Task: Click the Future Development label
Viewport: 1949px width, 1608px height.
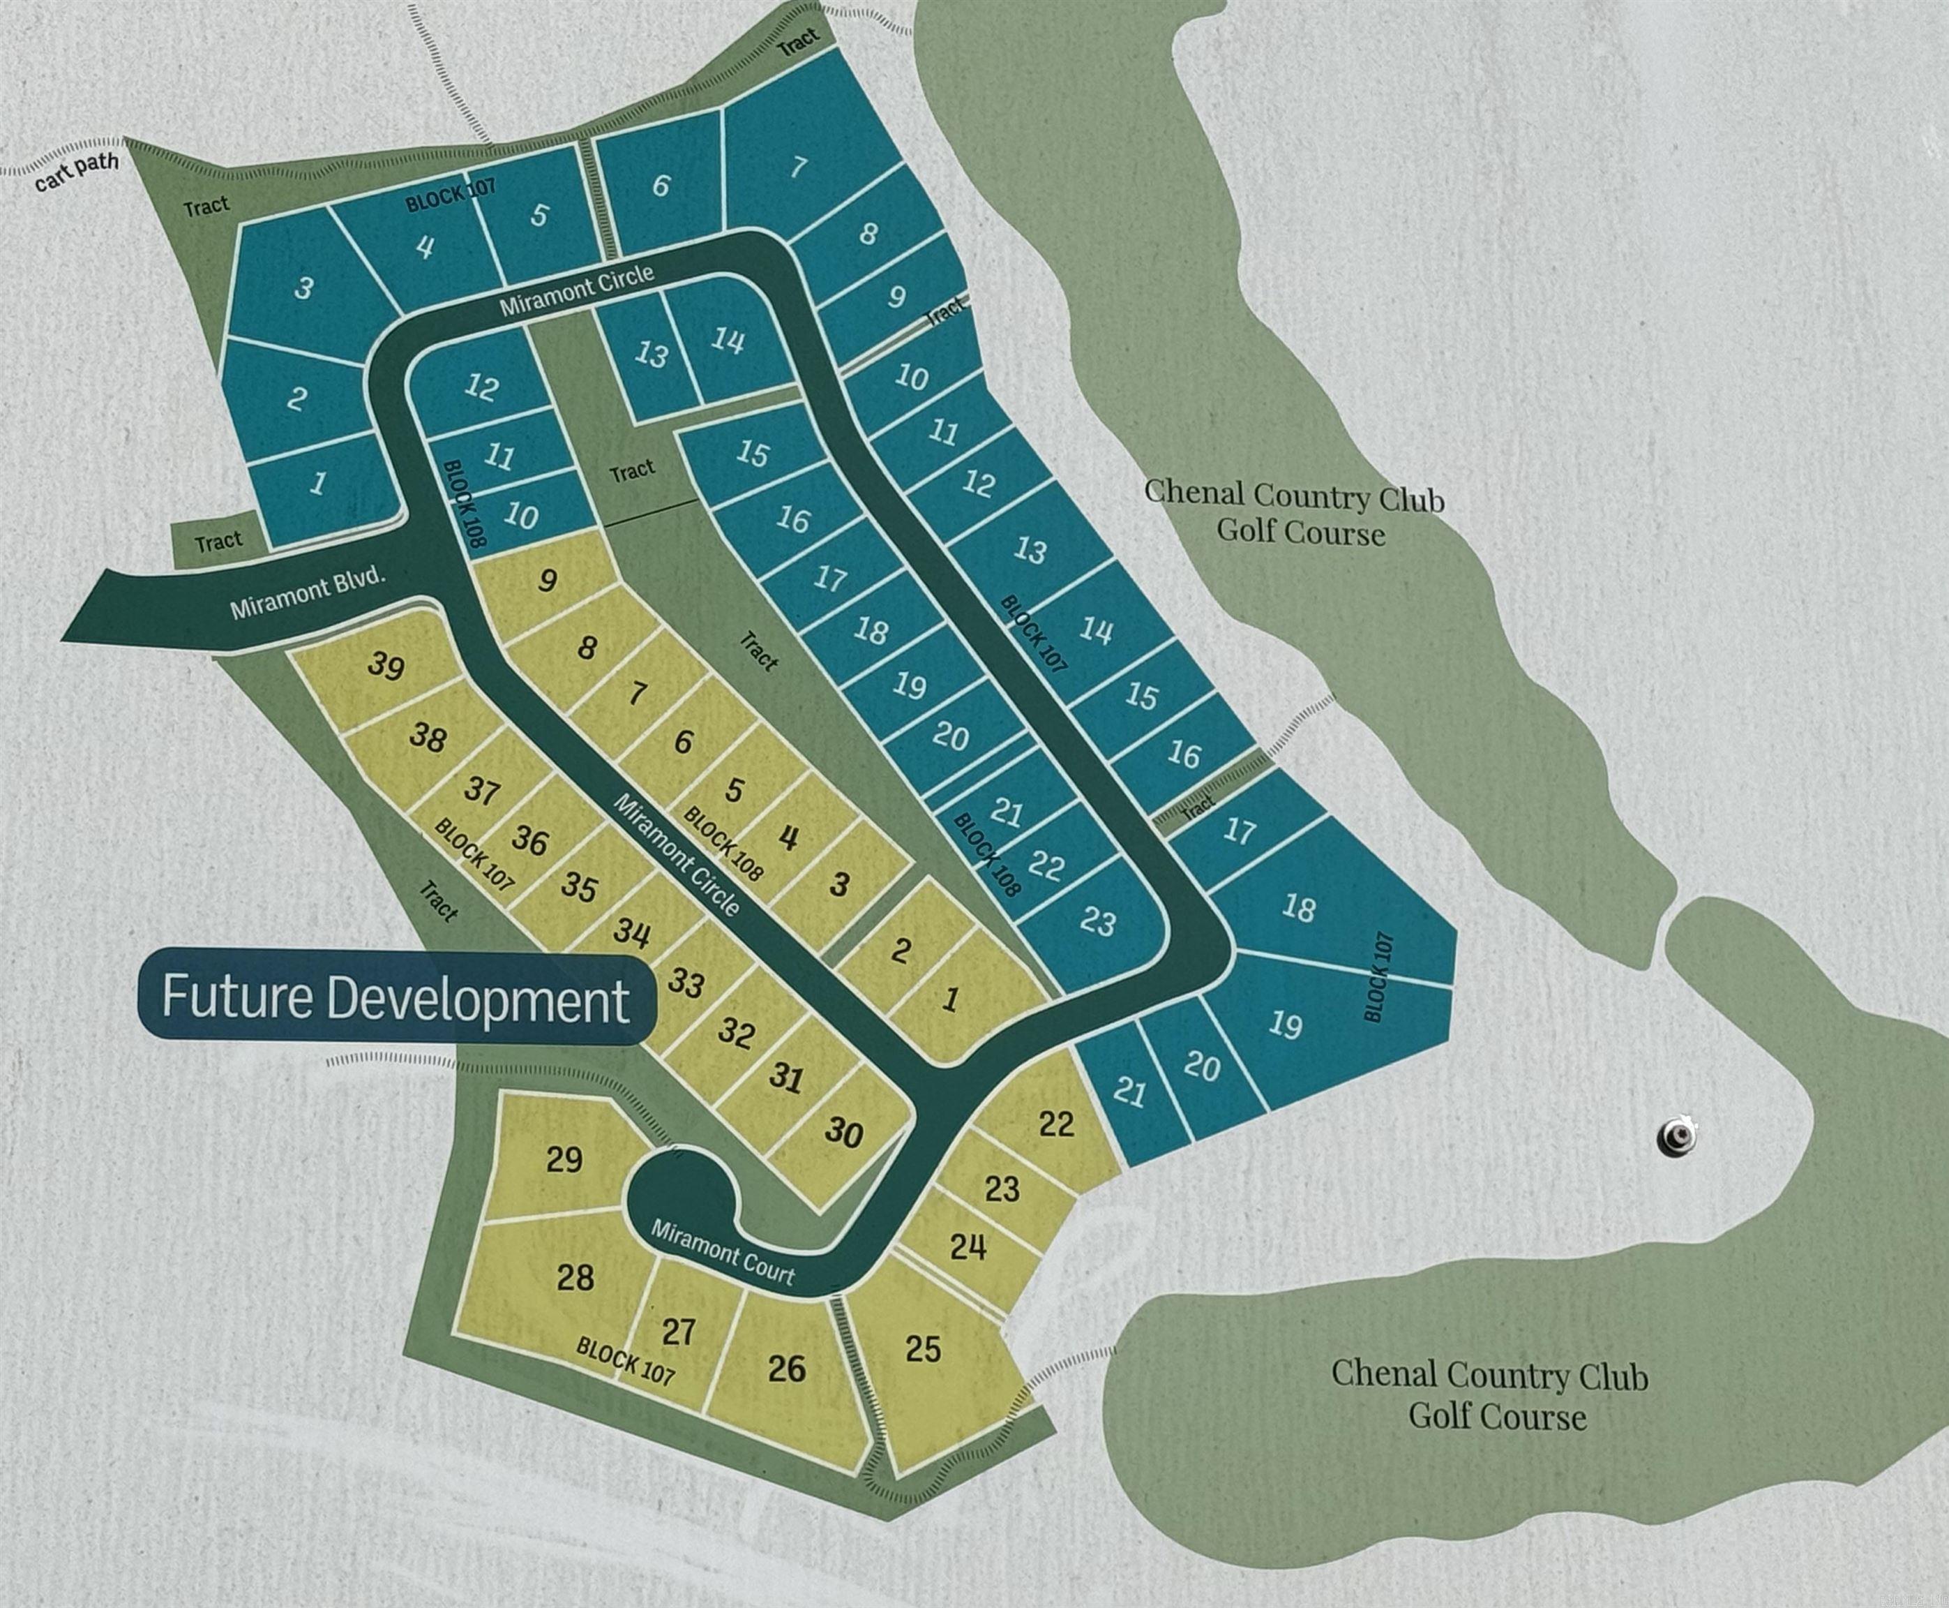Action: click(x=396, y=997)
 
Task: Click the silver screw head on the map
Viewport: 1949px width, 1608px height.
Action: click(x=1677, y=1136)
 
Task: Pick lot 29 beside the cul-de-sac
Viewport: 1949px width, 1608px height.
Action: click(x=564, y=1159)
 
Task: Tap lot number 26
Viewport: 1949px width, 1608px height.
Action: click(x=787, y=1367)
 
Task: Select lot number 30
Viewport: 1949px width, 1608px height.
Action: click(x=843, y=1132)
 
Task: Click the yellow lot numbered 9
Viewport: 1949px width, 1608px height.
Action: click(x=547, y=581)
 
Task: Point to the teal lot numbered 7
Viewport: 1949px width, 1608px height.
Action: click(x=798, y=167)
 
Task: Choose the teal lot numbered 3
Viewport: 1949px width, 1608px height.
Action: click(x=303, y=288)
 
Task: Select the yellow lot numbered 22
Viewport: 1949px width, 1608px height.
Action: click(x=1056, y=1124)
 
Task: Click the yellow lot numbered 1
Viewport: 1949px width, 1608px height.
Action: click(x=950, y=1000)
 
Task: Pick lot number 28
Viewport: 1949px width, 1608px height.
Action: click(x=575, y=1279)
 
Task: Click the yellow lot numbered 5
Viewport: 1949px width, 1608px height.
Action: click(x=735, y=790)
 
